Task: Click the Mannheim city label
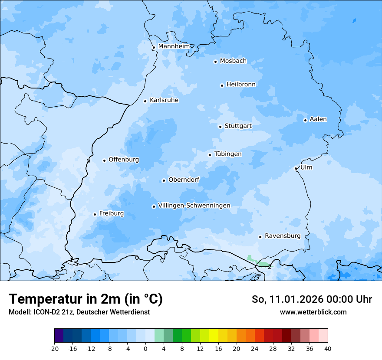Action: [x=174, y=46]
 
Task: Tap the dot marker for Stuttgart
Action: [x=220, y=127]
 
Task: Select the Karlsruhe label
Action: [x=164, y=100]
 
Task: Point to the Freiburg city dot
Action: [x=95, y=214]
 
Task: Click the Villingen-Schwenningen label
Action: [x=194, y=206]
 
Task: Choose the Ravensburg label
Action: [x=283, y=236]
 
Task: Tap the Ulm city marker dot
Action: [x=296, y=168]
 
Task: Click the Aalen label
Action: [x=318, y=119]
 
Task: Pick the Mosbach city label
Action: [x=233, y=61]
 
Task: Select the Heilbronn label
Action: [x=241, y=85]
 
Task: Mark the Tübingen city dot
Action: [x=210, y=155]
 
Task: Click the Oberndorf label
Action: [x=184, y=180]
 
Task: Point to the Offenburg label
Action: [x=124, y=160]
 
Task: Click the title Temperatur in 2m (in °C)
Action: [x=86, y=299]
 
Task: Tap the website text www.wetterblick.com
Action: [x=313, y=312]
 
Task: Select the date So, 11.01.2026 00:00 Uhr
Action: [x=312, y=299]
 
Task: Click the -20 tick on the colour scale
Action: [x=54, y=348]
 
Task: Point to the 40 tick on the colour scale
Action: [x=327, y=348]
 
